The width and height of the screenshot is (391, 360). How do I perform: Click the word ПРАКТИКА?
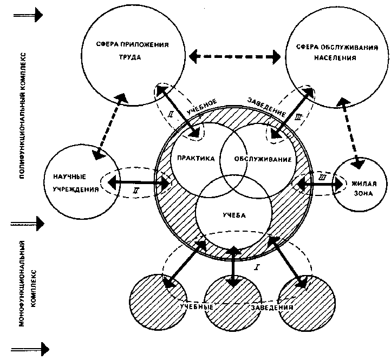(x=196, y=158)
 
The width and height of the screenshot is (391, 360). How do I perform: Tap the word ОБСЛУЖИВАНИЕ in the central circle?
(x=263, y=159)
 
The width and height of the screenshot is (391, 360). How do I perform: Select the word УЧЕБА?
(x=234, y=215)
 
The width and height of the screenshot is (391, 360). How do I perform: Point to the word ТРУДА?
(x=130, y=57)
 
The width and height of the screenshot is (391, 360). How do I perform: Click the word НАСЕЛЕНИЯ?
(x=335, y=58)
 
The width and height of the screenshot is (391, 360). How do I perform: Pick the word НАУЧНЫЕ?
(x=69, y=177)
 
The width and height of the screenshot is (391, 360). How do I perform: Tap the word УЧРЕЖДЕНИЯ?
(x=76, y=189)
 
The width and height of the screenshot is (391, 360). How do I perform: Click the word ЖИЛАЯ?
(x=364, y=184)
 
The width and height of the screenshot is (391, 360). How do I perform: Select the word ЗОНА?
(x=363, y=193)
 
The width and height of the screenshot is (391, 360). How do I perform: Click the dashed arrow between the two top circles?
(x=235, y=57)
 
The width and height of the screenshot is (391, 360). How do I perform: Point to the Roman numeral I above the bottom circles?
(x=257, y=268)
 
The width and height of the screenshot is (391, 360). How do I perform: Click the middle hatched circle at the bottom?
(x=233, y=303)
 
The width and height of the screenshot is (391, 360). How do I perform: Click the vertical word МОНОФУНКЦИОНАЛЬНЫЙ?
(x=22, y=283)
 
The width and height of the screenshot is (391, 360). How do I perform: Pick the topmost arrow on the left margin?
(x=28, y=15)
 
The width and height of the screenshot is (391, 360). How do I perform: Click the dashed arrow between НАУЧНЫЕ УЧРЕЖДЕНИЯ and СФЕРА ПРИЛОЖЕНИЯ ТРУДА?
(x=110, y=127)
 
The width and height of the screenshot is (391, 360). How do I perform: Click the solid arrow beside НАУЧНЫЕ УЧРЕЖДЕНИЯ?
(x=139, y=182)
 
